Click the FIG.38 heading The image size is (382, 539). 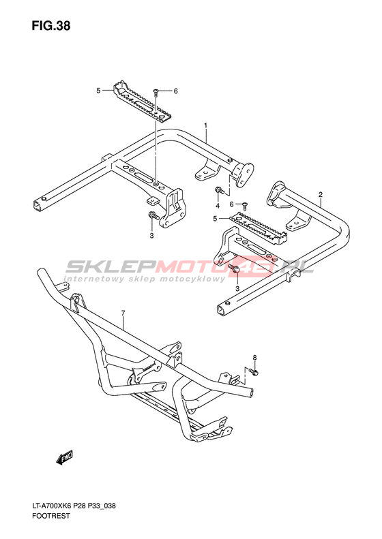(x=51, y=26)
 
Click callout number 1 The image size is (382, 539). (x=205, y=125)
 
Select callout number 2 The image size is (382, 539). (x=321, y=195)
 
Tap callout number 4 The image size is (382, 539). (x=218, y=206)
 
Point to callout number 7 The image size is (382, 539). (x=123, y=313)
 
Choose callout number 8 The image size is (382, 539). (x=254, y=358)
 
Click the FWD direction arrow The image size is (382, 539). (x=65, y=458)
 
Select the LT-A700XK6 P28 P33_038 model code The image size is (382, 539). (x=74, y=506)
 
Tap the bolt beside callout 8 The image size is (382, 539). (x=254, y=371)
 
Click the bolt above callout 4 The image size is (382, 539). (x=219, y=190)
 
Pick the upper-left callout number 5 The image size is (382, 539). (x=98, y=91)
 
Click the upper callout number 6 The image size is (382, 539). (x=175, y=91)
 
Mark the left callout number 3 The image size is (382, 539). (x=151, y=236)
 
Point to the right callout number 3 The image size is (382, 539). (x=237, y=289)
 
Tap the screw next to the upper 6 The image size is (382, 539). (x=156, y=91)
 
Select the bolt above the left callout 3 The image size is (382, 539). (x=154, y=215)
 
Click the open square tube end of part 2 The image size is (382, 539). (x=220, y=311)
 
